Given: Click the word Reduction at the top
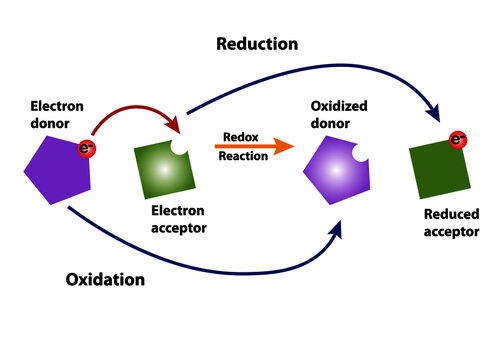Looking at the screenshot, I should [x=258, y=44].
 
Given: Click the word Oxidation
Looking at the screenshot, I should [x=106, y=279].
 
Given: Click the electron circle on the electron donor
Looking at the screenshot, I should [x=86, y=149].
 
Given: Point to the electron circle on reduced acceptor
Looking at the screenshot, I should [x=459, y=140].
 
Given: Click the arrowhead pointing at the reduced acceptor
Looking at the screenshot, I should [x=434, y=118].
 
